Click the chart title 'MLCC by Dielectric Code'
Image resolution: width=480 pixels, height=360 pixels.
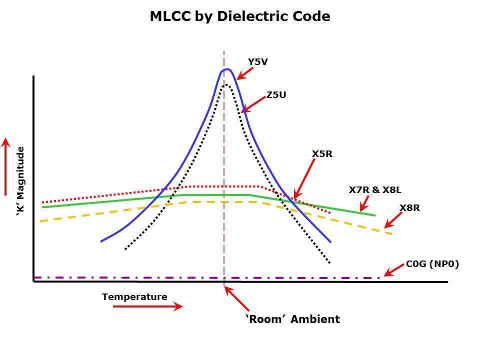(x=240, y=16)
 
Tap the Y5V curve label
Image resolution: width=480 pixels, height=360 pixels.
(x=258, y=62)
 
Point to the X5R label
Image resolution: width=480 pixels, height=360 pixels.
(x=322, y=154)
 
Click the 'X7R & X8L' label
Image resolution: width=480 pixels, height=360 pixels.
(x=375, y=190)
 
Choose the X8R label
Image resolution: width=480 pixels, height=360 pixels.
(x=409, y=207)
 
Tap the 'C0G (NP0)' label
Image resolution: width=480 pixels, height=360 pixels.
(x=432, y=264)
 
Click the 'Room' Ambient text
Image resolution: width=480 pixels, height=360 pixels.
(x=292, y=319)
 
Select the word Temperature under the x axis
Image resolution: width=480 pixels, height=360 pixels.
(x=134, y=297)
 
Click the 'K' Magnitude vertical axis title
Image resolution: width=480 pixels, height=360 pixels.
(x=20, y=181)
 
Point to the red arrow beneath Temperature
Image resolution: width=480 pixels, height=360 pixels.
(x=147, y=306)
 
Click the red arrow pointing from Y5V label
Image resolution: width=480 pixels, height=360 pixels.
(x=244, y=73)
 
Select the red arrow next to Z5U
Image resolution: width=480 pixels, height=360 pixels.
(x=253, y=104)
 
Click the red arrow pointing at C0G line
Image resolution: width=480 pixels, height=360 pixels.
(x=393, y=270)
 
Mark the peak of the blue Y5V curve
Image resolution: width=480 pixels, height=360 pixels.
(x=227, y=69)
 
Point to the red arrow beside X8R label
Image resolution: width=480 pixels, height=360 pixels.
(x=393, y=220)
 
